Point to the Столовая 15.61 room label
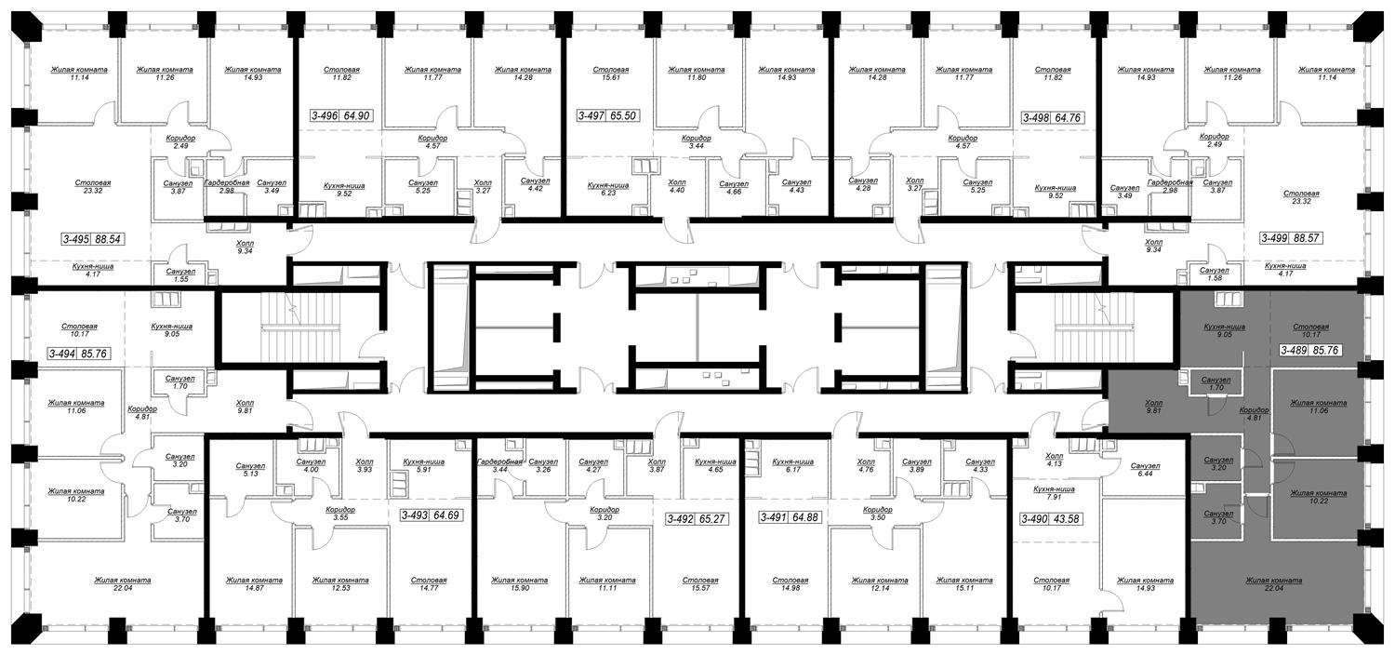click(x=610, y=74)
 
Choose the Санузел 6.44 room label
click(x=1145, y=469)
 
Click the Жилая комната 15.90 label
click(x=519, y=584)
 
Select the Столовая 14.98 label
click(x=790, y=584)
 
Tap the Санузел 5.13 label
click(x=250, y=469)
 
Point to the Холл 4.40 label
click(x=677, y=186)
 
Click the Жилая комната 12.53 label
click(x=340, y=584)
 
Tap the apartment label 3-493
click(x=416, y=515)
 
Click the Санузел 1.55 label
click(x=180, y=274)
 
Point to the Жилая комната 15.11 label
click(x=964, y=584)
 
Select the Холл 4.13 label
click(x=1055, y=460)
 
